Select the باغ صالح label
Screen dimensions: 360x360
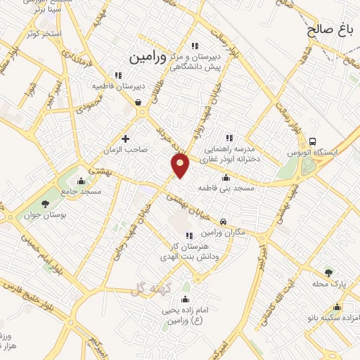click(328, 30)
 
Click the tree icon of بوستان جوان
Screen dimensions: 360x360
click(45, 204)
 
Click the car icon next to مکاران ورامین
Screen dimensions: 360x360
click(223, 221)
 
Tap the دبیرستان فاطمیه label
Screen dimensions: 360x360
click(117, 86)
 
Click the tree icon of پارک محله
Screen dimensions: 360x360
click(328, 271)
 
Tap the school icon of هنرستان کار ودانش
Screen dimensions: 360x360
click(188, 236)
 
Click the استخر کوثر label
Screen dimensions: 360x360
click(42, 34)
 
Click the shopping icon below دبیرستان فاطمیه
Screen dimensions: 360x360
click(139, 102)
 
